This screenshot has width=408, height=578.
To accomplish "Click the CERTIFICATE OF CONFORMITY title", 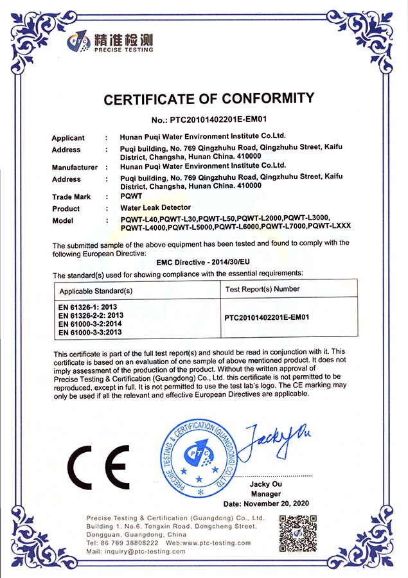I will coord(209,100).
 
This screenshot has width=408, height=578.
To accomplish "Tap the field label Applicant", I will coord(68,138).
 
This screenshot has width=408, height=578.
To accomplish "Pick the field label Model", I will coord(62,221).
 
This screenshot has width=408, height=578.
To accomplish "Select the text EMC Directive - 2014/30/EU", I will coord(204,263).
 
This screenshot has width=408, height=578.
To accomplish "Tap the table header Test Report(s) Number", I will coord(263,289).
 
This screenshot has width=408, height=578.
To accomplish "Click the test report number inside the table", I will coord(267,317).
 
